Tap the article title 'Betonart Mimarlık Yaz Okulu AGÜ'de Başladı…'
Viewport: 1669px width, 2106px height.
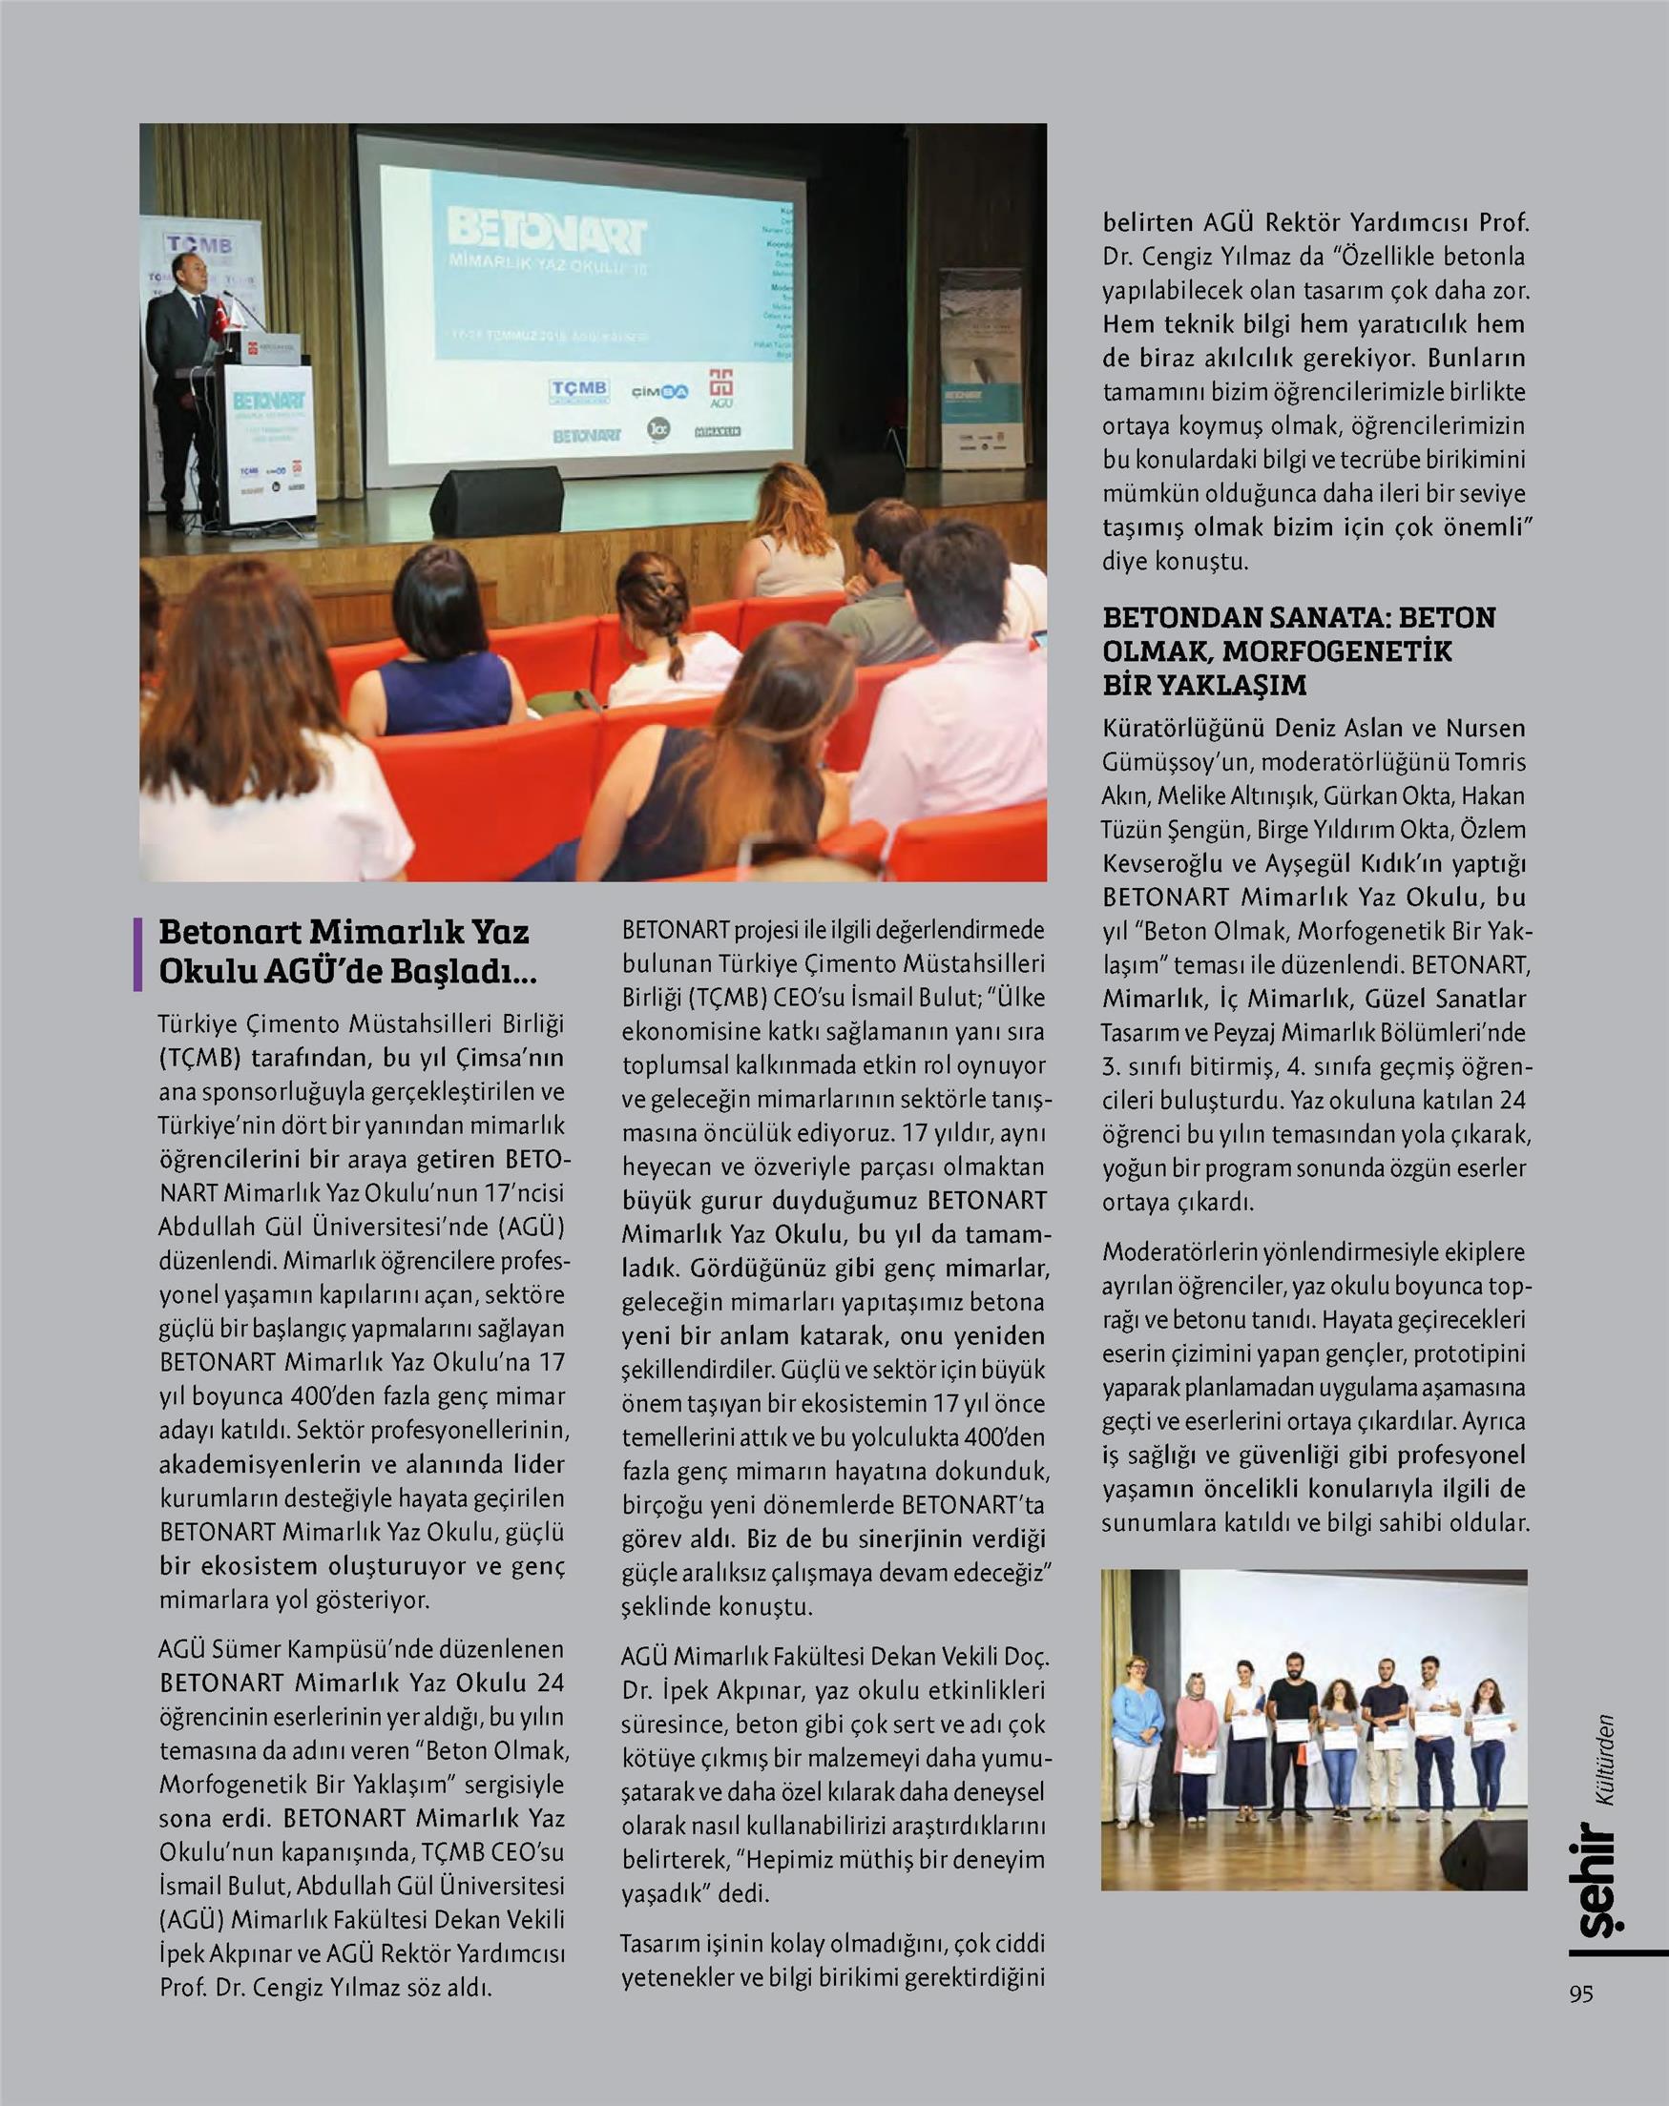[344, 951]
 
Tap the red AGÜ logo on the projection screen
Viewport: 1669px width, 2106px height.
[721, 388]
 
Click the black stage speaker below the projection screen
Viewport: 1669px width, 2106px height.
[495, 500]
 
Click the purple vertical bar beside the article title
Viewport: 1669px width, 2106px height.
[137, 953]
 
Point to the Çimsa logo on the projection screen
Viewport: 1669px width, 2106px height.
[658, 392]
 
